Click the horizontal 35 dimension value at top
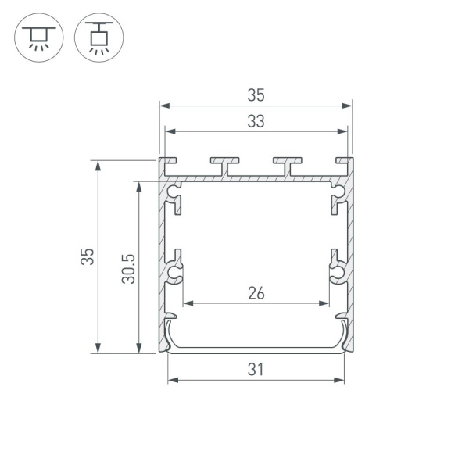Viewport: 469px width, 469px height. pyautogui.click(x=256, y=95)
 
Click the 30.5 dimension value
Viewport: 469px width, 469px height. pyautogui.click(x=129, y=267)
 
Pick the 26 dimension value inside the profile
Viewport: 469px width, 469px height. pyautogui.click(x=256, y=294)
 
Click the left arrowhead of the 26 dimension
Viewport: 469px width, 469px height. pyautogui.click(x=187, y=303)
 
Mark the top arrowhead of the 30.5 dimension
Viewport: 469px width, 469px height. pyautogui.click(x=139, y=186)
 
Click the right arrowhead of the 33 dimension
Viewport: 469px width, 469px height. pyautogui.click(x=345, y=131)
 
